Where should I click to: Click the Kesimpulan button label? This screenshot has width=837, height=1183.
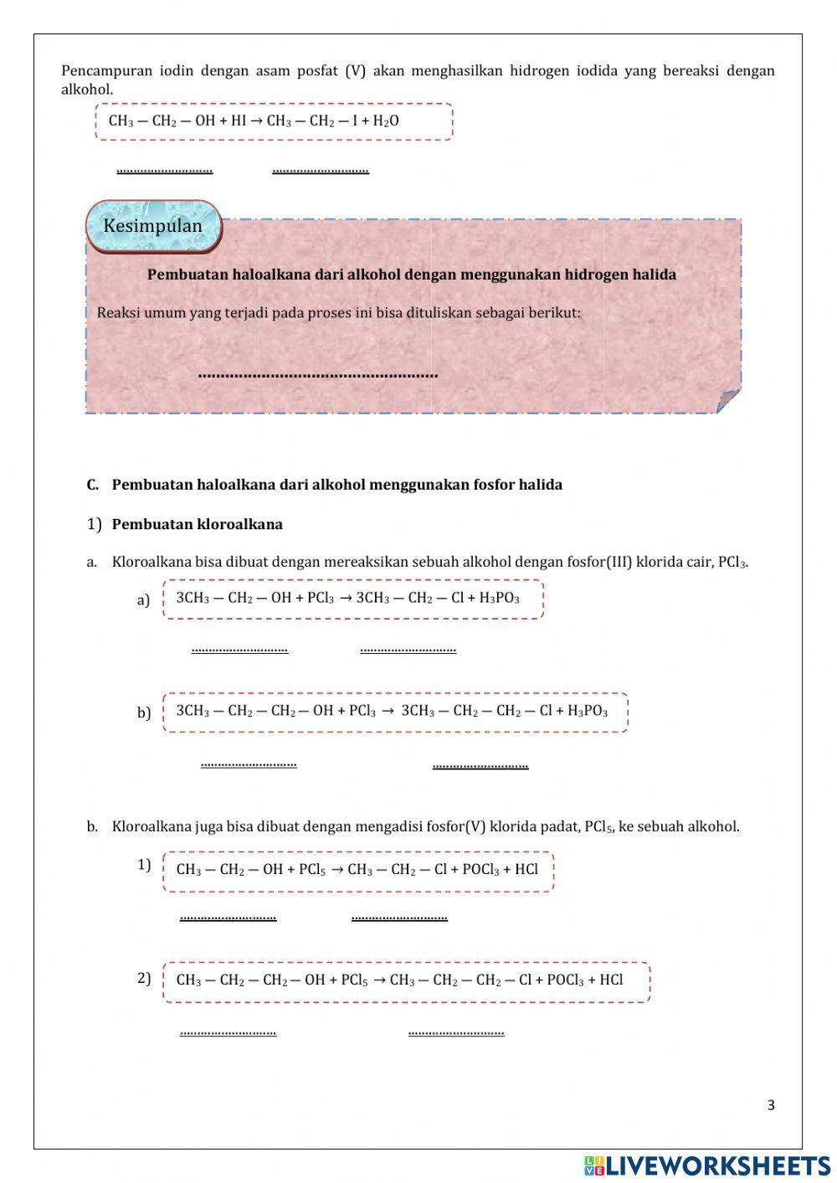point(152,226)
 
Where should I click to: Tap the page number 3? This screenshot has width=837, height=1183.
point(771,1105)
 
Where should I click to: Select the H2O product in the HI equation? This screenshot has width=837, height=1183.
point(386,121)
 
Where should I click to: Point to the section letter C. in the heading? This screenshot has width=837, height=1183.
point(92,485)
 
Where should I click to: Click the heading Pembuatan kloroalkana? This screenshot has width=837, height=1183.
point(198,525)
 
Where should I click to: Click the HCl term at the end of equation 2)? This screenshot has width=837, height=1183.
point(611,980)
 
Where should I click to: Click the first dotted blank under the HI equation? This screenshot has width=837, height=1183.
point(165,171)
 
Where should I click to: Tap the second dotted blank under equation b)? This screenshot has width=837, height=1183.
point(480,765)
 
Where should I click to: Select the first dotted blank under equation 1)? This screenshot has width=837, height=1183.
point(228,918)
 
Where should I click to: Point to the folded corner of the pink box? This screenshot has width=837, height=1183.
point(729,401)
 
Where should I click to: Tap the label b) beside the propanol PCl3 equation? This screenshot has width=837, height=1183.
point(144,712)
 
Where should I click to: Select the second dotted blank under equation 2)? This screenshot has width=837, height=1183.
point(456,1032)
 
